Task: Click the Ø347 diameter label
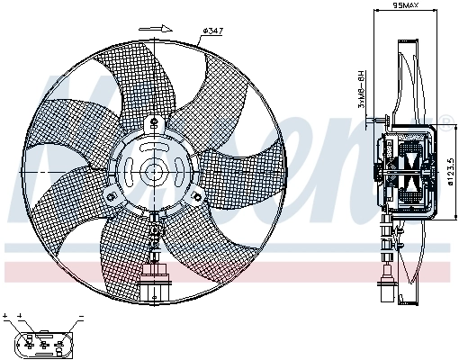pyautogui.click(x=213, y=31)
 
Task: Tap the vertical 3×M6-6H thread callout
pyautogui.click(x=362, y=91)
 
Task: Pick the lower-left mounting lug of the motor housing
pyautogui.click(x=110, y=195)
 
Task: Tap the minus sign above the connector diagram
pyautogui.click(x=80, y=317)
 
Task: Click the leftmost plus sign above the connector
pyautogui.click(x=5, y=317)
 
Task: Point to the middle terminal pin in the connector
pyautogui.click(x=41, y=344)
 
